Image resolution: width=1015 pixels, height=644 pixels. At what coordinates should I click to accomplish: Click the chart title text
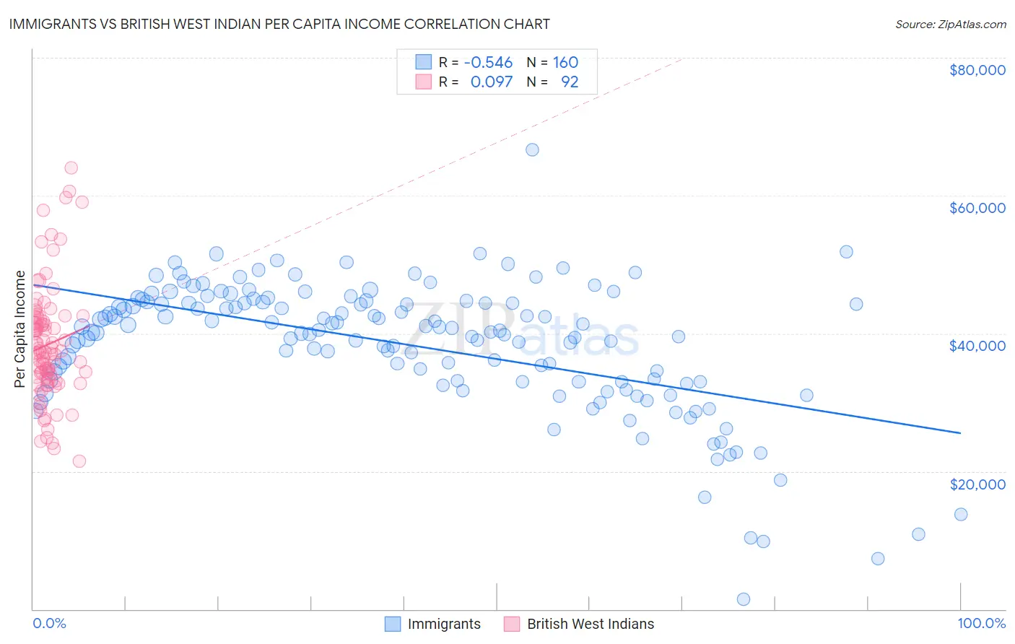(x=280, y=24)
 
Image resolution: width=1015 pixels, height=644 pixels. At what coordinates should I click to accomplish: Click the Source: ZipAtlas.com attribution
(x=950, y=24)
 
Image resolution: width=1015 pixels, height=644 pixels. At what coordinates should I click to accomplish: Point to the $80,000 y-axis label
(x=977, y=70)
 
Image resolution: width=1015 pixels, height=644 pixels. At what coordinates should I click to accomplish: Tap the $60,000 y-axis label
(x=977, y=208)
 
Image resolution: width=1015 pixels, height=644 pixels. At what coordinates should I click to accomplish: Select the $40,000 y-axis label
(x=977, y=346)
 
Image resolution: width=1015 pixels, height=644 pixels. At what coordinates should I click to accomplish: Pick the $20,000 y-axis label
(x=977, y=484)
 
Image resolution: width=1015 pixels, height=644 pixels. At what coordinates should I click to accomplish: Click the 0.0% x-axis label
(x=49, y=623)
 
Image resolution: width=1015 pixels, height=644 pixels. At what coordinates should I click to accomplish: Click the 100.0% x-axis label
(x=981, y=623)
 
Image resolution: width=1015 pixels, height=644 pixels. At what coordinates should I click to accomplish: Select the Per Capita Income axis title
(x=19, y=329)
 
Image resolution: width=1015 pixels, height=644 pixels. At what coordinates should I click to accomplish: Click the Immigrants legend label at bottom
(x=443, y=624)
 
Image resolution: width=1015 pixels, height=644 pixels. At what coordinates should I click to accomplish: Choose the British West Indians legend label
(x=590, y=624)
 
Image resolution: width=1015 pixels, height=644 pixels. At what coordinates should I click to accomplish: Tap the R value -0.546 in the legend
(x=488, y=63)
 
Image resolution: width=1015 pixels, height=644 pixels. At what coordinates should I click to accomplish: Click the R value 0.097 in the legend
(x=491, y=82)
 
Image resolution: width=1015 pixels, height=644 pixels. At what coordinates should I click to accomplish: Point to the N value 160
(x=565, y=63)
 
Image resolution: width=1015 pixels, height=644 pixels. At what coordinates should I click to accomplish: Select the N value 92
(x=570, y=82)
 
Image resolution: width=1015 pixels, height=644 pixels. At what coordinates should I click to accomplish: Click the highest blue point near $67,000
(x=532, y=149)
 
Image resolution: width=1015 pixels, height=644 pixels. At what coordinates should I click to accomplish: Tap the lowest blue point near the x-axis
(x=743, y=599)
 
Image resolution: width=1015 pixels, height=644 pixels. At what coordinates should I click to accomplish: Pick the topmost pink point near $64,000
(x=71, y=167)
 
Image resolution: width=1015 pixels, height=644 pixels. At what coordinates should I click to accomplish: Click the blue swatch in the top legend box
(x=423, y=63)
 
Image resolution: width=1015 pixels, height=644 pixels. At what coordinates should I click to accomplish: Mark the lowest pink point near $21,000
(x=79, y=461)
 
